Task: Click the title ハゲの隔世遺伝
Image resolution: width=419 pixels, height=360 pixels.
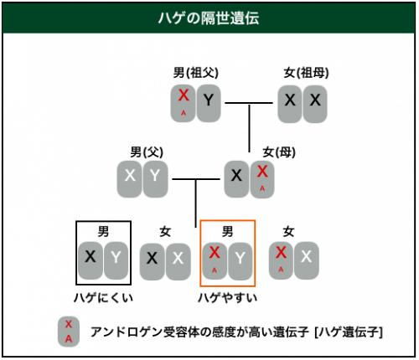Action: pos(209,18)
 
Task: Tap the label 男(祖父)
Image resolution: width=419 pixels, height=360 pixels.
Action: pos(196,73)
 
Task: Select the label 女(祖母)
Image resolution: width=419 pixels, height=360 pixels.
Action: pos(306,73)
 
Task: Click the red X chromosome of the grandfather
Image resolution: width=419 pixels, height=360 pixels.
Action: pos(184,103)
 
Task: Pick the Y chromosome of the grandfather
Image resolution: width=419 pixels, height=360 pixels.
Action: pos(209,103)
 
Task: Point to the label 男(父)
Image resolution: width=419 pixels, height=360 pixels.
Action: pos(147,152)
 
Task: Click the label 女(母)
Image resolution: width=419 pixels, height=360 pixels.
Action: pos(279,152)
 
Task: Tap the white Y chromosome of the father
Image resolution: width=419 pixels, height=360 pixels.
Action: pos(155,179)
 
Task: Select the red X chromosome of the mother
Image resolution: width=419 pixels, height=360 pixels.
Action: pos(262,179)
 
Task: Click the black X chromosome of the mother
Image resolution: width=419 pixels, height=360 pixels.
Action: pos(236,179)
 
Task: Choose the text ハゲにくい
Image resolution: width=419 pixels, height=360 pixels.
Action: pos(103,298)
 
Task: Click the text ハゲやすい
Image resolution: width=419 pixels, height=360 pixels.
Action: pos(227,298)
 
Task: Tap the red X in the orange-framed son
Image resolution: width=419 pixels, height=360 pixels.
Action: pos(215,260)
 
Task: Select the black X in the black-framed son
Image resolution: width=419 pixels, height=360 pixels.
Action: pos(91,260)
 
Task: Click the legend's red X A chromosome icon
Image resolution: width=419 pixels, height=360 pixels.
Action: pos(69,332)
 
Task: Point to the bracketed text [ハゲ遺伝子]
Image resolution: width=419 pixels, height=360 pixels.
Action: pos(349,332)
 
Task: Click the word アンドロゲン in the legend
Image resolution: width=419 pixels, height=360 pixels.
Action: pos(127,332)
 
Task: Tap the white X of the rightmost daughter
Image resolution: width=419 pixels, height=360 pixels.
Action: pos(307,260)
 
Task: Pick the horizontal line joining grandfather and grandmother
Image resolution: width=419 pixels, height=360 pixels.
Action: pos(249,103)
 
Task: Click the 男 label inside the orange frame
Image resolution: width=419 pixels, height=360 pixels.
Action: pos(227,231)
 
